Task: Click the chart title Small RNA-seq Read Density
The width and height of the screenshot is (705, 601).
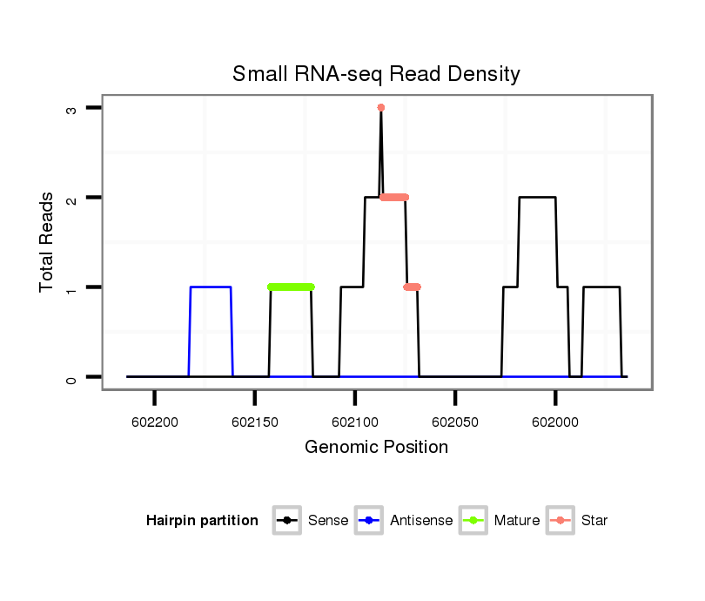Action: (376, 74)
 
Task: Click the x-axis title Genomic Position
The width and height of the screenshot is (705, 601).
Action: (376, 448)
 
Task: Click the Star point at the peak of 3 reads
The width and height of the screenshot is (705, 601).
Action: (381, 108)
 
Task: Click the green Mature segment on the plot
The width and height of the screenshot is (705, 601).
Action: (291, 287)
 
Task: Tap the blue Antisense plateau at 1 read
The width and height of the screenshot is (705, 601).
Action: (211, 287)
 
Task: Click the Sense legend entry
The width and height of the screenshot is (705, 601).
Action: (311, 521)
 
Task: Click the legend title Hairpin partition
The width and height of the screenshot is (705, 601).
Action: (202, 521)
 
